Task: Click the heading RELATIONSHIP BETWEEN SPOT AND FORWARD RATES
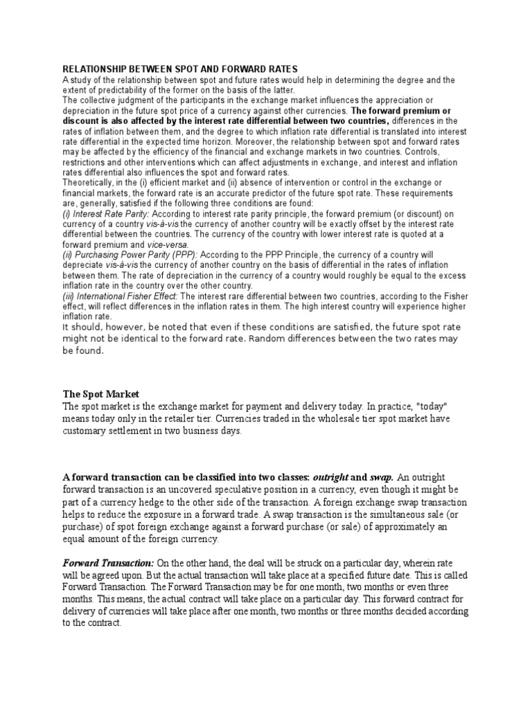[x=180, y=69]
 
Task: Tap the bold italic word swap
[x=382, y=477]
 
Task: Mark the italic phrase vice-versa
[x=166, y=245]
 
